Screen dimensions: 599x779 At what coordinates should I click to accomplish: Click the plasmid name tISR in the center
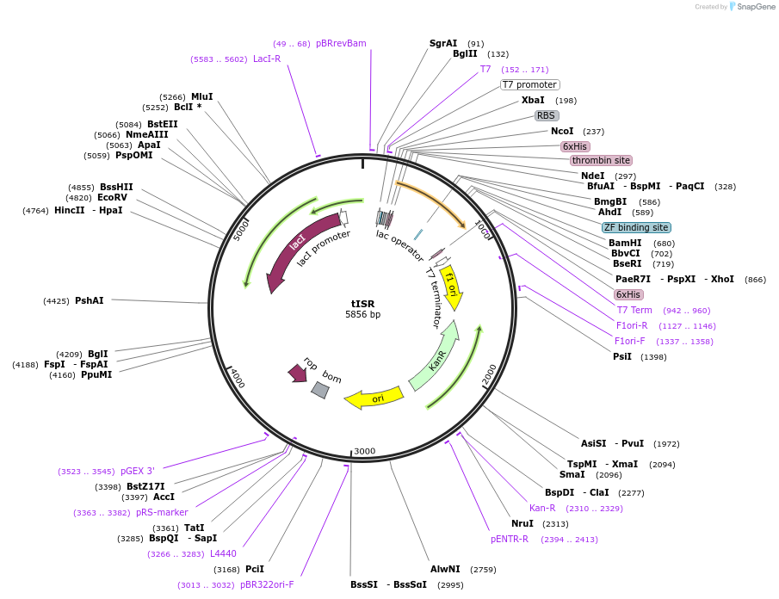(x=362, y=303)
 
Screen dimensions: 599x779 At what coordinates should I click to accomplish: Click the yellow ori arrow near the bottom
(x=374, y=398)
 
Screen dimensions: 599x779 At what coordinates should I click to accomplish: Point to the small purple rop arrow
(x=298, y=372)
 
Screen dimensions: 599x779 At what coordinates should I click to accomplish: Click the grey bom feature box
(x=320, y=390)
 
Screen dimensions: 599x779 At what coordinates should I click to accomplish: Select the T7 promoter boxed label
(x=530, y=84)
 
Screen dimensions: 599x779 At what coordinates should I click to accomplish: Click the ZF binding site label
(x=636, y=227)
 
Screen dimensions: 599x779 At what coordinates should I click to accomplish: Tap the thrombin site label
(x=601, y=160)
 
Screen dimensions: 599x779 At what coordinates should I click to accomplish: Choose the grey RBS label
(x=547, y=115)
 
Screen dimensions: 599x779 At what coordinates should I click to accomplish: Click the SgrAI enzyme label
(x=443, y=43)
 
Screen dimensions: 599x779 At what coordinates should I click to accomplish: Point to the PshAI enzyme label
(x=90, y=300)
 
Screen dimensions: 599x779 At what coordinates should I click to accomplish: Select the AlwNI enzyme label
(x=445, y=569)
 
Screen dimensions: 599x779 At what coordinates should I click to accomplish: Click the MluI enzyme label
(x=202, y=96)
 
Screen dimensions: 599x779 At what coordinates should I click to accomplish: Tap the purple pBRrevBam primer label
(x=341, y=43)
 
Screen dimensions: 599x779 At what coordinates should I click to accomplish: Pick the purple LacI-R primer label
(x=267, y=59)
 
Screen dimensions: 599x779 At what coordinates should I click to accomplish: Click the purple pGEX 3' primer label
(x=138, y=471)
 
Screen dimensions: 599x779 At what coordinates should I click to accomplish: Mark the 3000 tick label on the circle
(x=365, y=451)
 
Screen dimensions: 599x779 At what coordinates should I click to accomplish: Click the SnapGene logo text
(x=755, y=7)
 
